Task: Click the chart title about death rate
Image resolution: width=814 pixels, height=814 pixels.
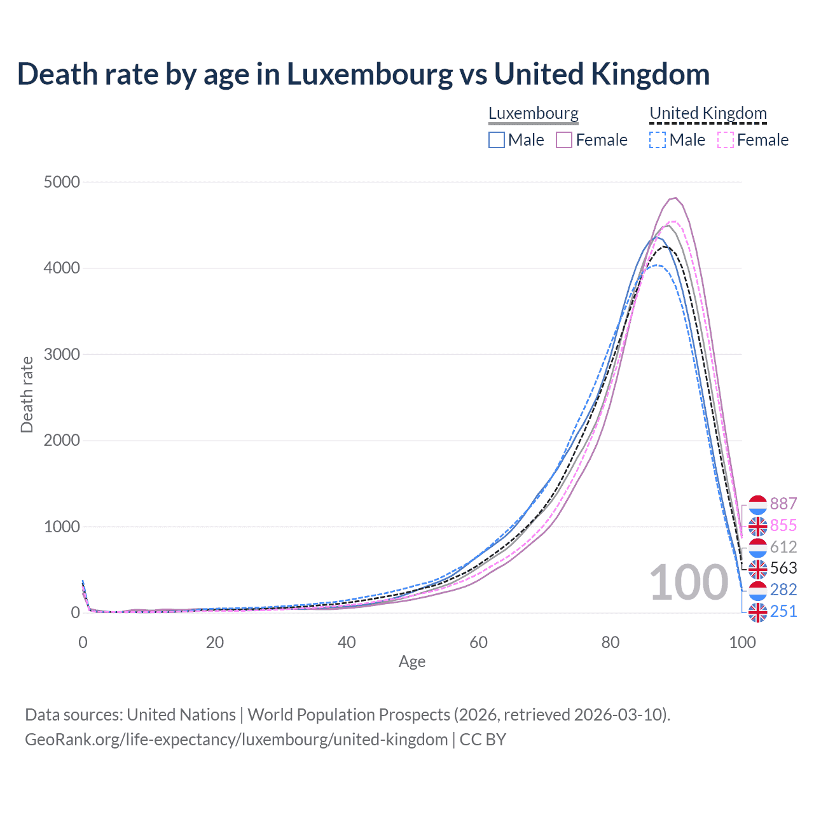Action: (363, 74)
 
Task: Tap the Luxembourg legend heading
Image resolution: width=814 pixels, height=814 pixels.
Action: (534, 113)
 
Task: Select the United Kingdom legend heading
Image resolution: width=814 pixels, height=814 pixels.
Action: (708, 113)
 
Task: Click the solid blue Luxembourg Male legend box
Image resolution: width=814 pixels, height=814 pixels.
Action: (497, 140)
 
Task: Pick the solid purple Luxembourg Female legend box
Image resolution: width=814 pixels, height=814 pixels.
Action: (564, 140)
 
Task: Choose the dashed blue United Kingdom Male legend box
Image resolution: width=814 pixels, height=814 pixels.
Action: (658, 140)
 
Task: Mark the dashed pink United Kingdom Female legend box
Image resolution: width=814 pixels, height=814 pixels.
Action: (726, 140)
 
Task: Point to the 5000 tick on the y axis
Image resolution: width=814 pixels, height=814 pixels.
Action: (62, 182)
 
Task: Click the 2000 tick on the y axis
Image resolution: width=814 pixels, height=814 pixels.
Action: (62, 440)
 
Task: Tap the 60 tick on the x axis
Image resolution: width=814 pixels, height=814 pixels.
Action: (478, 642)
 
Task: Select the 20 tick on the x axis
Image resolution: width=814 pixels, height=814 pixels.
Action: (215, 642)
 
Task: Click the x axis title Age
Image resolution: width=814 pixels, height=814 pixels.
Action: (412, 661)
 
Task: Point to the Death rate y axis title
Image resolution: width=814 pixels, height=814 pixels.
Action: (27, 394)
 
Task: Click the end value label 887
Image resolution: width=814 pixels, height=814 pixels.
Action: (783, 504)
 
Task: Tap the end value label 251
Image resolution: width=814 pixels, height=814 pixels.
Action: (783, 611)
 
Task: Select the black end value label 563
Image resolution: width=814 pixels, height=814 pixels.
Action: (783, 568)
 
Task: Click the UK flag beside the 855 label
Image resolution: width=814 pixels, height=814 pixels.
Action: (757, 526)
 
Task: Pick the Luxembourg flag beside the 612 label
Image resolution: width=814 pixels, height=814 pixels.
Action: (757, 547)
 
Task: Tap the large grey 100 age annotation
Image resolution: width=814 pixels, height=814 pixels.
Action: (689, 583)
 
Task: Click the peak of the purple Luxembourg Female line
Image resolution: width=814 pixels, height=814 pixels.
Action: (675, 198)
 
